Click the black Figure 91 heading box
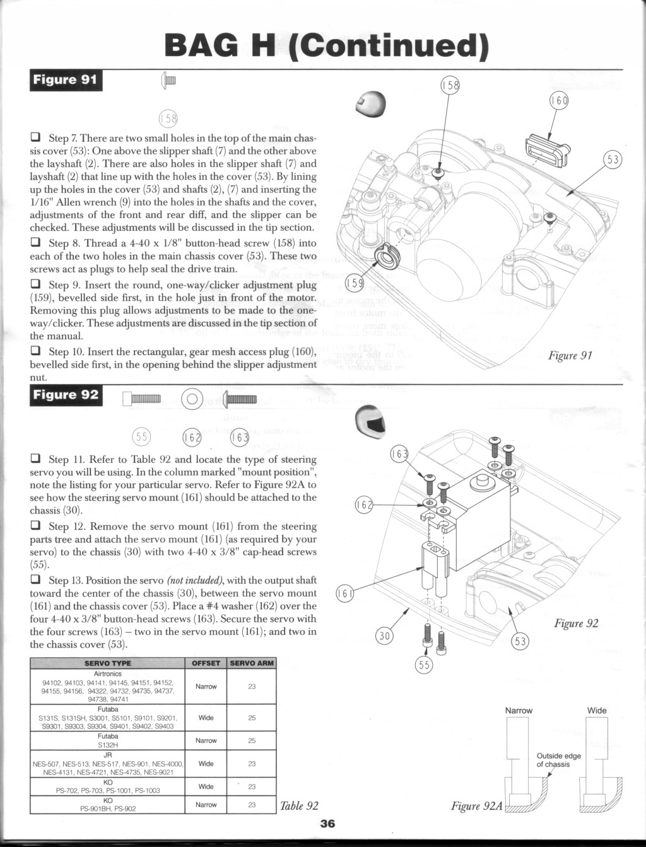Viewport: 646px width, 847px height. [x=66, y=80]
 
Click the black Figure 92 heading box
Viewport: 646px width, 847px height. [x=66, y=395]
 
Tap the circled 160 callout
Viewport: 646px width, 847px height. [x=559, y=100]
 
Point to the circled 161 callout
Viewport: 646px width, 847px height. [x=344, y=593]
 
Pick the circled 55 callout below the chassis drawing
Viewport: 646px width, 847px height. [x=424, y=665]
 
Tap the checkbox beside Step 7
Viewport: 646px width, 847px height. [x=35, y=137]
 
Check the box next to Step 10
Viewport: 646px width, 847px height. [x=35, y=351]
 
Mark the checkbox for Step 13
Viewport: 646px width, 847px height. [x=35, y=580]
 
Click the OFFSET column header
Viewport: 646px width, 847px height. [x=206, y=663]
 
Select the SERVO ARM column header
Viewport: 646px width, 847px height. [x=252, y=663]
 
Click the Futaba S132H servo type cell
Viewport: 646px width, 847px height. [x=108, y=740]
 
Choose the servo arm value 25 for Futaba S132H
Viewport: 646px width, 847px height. [x=252, y=740]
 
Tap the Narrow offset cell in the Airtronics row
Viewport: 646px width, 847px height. [x=206, y=686]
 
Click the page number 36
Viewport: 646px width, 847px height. [x=327, y=823]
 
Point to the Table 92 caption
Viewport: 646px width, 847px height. [x=299, y=806]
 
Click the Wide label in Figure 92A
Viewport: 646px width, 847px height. [x=597, y=710]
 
